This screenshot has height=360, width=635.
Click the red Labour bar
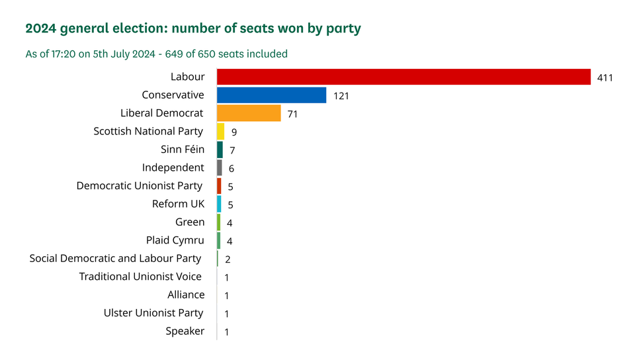[x=403, y=77]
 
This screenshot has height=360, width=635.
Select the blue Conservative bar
[x=271, y=95]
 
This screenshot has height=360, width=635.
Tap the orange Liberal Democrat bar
[x=249, y=113]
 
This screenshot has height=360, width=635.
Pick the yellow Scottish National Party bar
[x=221, y=132]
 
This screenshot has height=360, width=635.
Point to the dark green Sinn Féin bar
[x=220, y=150]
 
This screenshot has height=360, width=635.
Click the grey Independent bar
[x=220, y=168]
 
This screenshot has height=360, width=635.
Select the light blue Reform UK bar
[x=219, y=204]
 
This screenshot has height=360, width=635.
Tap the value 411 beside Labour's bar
[x=605, y=78]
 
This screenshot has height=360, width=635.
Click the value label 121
[x=341, y=96]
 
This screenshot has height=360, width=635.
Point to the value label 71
[x=292, y=114]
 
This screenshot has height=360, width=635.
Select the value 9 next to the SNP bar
[x=234, y=132]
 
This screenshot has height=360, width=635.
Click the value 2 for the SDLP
[x=228, y=259]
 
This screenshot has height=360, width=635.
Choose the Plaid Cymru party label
[x=175, y=240]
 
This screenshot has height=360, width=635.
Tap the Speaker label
[x=185, y=331]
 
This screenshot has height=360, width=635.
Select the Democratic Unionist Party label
[x=140, y=186]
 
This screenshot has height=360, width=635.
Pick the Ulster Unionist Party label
[x=153, y=313]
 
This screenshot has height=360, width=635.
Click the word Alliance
[x=186, y=294]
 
